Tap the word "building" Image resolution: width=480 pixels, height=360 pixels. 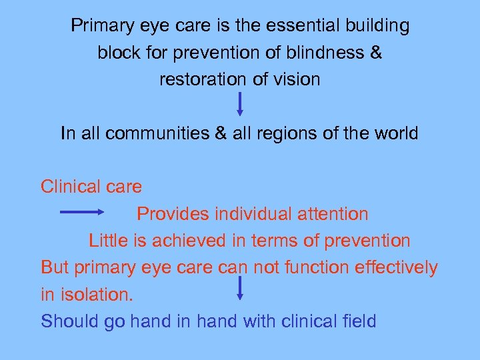(376, 26)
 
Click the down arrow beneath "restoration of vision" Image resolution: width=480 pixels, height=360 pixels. (240, 103)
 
